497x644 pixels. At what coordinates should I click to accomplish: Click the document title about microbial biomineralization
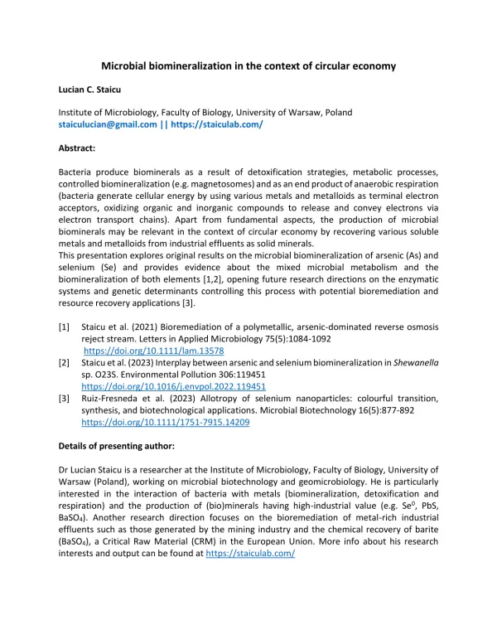pos(248,65)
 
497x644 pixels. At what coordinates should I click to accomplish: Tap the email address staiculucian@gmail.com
pos(107,124)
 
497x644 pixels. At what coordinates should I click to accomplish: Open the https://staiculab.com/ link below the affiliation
pos(217,124)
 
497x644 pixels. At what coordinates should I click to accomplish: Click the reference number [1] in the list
pos(64,327)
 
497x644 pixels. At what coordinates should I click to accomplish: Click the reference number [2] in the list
pos(64,362)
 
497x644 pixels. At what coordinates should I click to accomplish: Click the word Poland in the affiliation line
pos(336,112)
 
